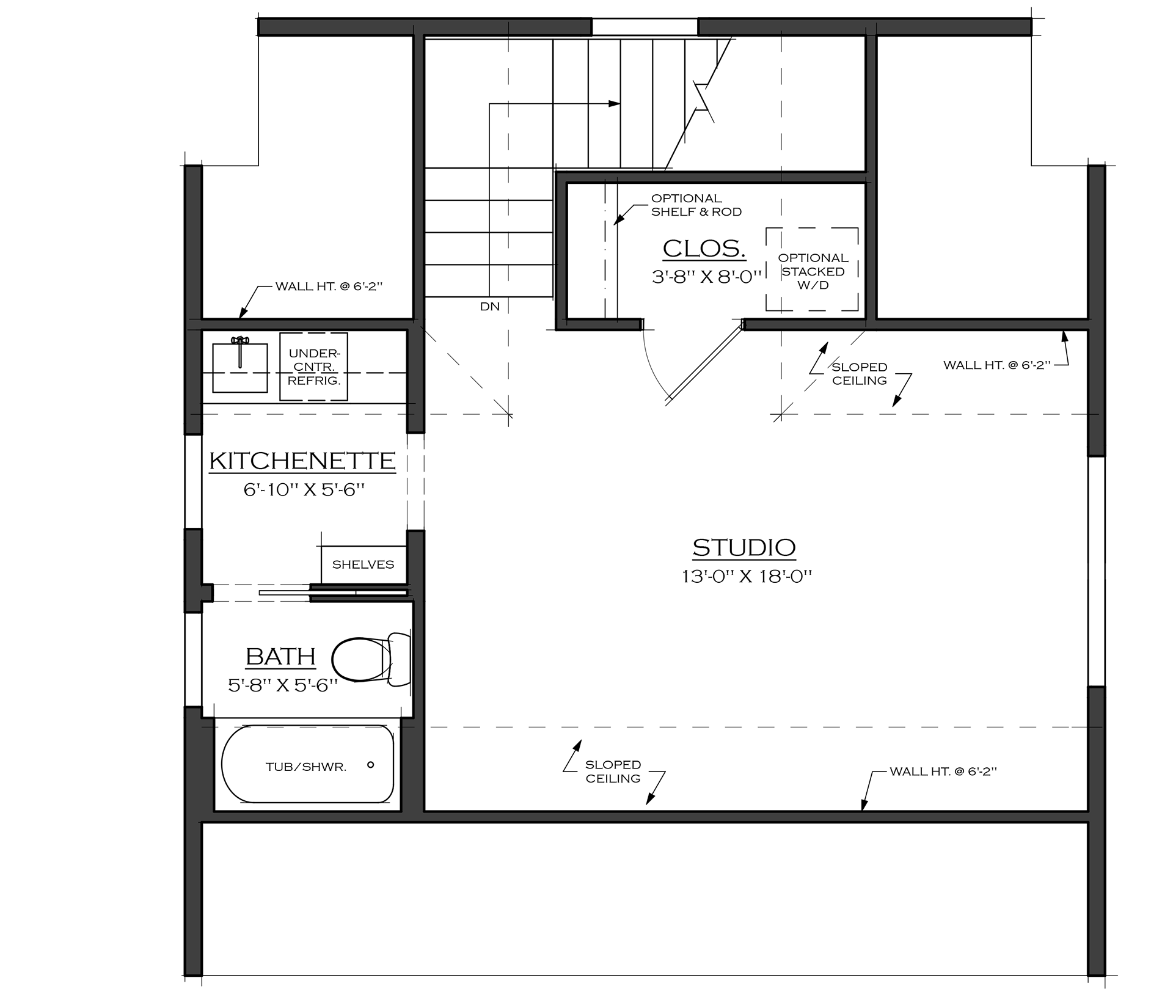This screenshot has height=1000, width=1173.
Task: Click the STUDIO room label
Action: [744, 548]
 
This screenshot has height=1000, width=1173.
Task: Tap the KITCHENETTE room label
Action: [302, 461]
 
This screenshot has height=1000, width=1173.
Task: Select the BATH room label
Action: [280, 657]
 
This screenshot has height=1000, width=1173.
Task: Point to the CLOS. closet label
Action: [704, 249]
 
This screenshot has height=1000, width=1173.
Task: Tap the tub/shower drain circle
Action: [370, 765]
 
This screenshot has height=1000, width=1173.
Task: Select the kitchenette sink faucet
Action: [240, 351]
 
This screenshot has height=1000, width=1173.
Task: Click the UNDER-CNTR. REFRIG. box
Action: [313, 367]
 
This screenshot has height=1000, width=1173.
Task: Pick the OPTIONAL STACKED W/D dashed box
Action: [812, 269]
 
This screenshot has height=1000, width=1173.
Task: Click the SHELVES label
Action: [363, 564]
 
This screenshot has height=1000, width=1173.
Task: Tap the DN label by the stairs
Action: [490, 307]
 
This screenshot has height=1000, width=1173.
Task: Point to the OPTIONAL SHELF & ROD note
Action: [696, 205]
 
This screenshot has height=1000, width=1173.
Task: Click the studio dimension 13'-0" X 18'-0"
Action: [747, 576]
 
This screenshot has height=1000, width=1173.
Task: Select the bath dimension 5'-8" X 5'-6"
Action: [283, 685]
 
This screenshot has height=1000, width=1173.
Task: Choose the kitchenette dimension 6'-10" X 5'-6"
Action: [304, 490]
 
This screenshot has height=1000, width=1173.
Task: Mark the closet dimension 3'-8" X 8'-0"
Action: [707, 277]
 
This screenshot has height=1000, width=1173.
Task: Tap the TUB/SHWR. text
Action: [306, 767]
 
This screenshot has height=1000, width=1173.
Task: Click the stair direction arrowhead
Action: [615, 104]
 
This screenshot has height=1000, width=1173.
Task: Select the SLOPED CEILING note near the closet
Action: [860, 374]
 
